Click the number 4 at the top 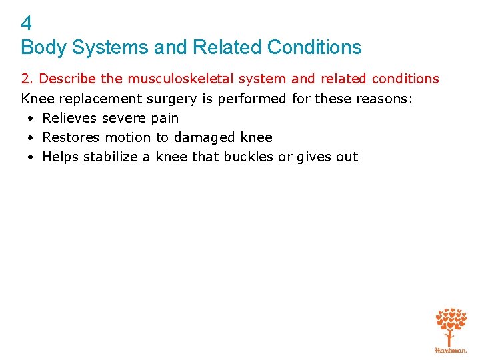[27, 24]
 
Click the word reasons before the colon [377, 99]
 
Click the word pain [165, 118]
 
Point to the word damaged [199, 137]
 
